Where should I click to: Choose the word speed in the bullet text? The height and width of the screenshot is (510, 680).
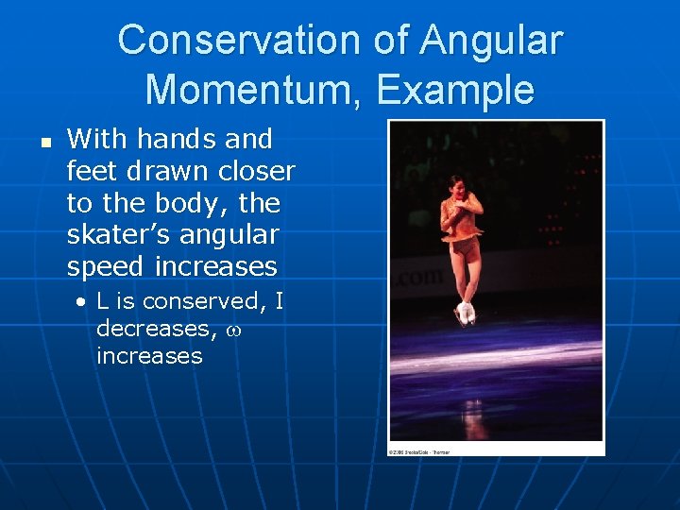(106, 267)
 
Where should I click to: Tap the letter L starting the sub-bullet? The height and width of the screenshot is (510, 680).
(103, 302)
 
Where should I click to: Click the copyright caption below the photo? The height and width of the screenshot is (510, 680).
(420, 451)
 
